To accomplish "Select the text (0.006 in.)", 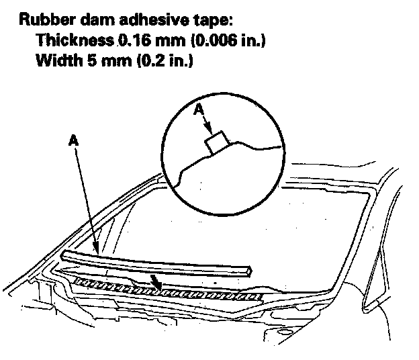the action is (x=228, y=40).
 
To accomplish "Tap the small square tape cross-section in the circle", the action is (x=216, y=142).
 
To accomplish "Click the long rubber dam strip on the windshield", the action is (x=154, y=262).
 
